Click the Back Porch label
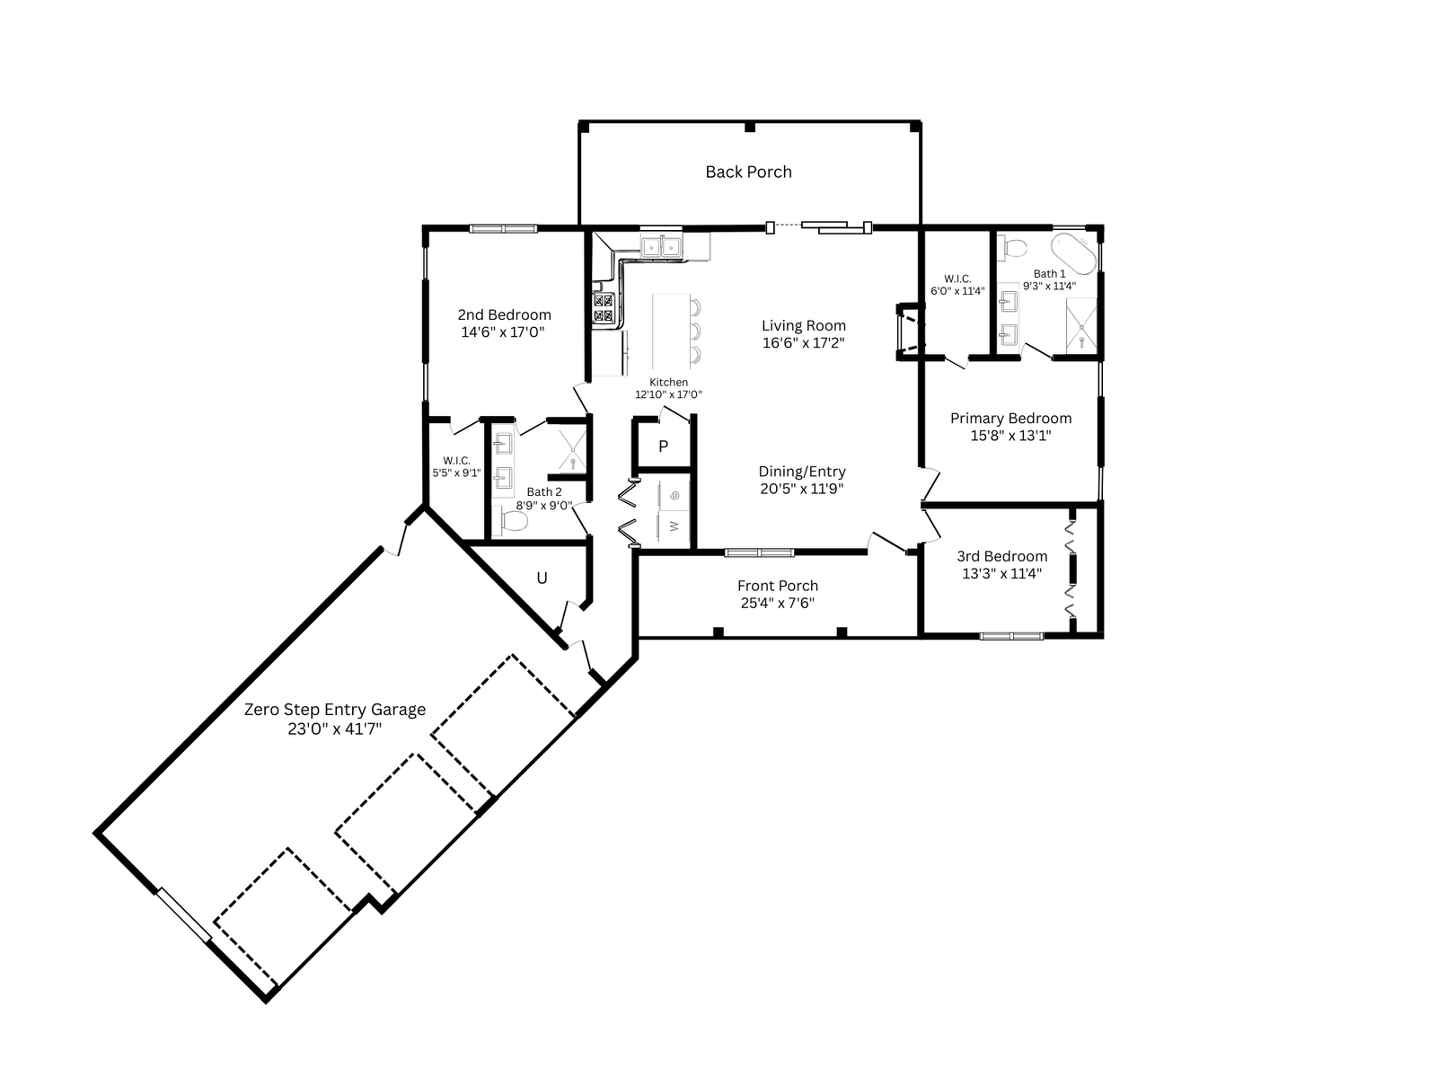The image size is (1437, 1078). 748,172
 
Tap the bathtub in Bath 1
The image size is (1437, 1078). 1073,254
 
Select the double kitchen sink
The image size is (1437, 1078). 660,246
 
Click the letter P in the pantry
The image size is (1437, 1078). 663,446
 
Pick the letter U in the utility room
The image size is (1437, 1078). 542,578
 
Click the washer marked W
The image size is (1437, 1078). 674,526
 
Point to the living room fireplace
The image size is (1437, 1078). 910,331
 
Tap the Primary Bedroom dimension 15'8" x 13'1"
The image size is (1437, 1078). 1010,436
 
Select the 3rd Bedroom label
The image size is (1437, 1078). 1001,556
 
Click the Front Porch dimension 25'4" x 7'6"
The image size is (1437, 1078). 778,603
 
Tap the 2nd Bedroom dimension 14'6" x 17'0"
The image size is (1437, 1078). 503,331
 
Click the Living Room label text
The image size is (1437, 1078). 803,325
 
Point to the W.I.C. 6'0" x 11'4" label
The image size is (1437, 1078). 957,286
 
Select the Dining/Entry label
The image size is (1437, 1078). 802,472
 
